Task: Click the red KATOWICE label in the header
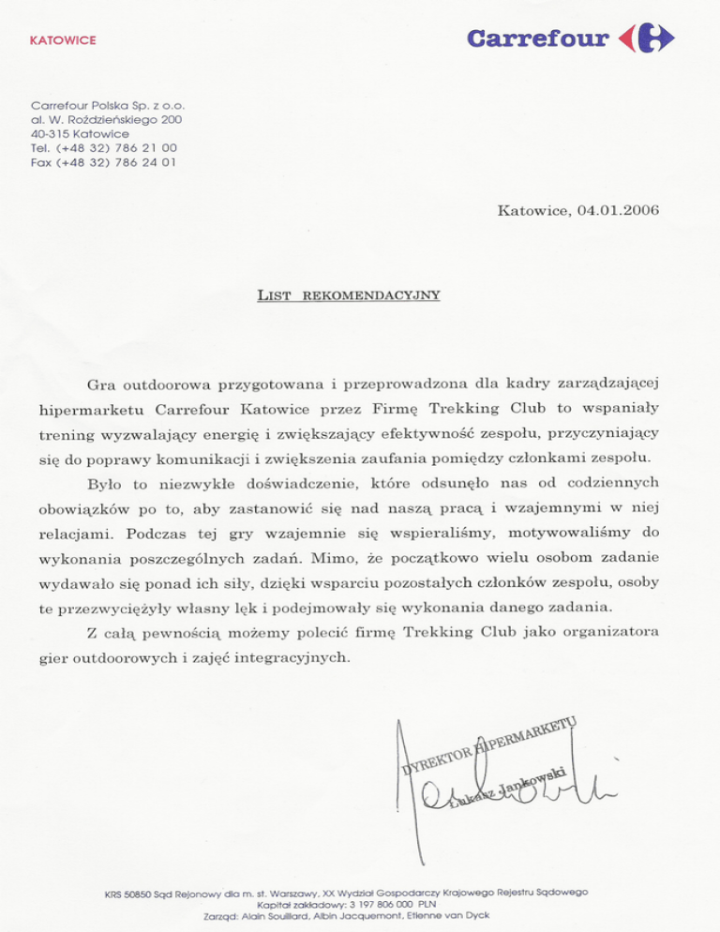click(x=64, y=41)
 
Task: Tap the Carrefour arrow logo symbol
click(x=647, y=39)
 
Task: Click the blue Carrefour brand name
click(x=536, y=39)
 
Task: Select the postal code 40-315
click(x=52, y=134)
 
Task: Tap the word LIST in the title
click(x=274, y=296)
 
